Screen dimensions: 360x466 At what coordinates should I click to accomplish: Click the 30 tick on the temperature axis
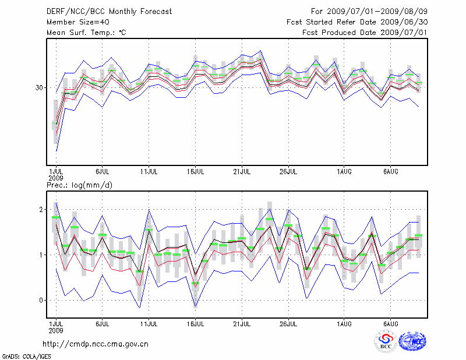(40, 87)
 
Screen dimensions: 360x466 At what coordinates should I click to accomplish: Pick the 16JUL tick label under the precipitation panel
(196, 323)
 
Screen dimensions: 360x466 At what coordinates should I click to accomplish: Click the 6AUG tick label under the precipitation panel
(390, 323)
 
